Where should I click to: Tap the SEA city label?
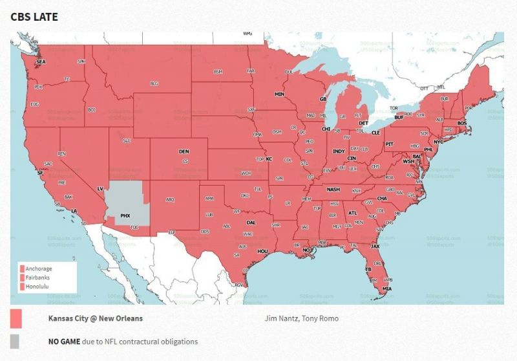[41, 62]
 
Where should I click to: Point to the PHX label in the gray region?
[125, 215]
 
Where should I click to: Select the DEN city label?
[184, 152]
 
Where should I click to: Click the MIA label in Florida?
[386, 288]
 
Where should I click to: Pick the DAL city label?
[251, 222]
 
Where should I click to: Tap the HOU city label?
[262, 250]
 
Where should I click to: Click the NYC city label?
[438, 142]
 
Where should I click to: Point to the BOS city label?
[461, 123]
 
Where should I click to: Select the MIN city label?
[280, 94]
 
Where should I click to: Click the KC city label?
[269, 159]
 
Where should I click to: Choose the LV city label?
[100, 189]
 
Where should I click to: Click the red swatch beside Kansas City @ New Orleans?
[16, 319]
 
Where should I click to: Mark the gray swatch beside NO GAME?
[15, 342]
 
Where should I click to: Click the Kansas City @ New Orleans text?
[96, 318]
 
